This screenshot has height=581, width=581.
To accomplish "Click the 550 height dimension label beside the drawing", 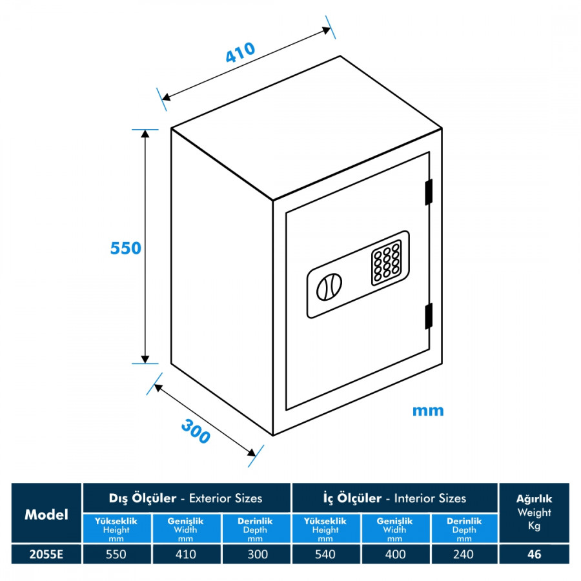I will click(125, 247).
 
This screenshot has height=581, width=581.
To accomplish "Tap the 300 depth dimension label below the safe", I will click(196, 431).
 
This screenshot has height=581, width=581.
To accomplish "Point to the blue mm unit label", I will click(428, 410).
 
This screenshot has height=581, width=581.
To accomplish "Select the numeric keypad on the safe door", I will click(386, 263).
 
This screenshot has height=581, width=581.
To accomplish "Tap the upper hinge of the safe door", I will click(428, 192).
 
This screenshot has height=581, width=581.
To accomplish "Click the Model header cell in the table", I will click(46, 514).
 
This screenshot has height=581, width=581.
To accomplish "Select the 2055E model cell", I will click(46, 554).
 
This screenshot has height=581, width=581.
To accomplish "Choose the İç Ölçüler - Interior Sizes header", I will click(394, 498).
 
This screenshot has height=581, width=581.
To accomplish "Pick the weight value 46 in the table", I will click(534, 554).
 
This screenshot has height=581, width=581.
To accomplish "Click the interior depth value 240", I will click(464, 554).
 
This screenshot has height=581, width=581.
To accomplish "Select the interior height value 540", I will click(326, 554).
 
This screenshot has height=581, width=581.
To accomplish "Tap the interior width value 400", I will click(394, 554).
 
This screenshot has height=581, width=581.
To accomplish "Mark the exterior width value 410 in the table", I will click(186, 554).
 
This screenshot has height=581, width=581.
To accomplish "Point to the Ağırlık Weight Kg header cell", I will click(534, 513).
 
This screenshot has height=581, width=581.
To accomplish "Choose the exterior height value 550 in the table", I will click(117, 554).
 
